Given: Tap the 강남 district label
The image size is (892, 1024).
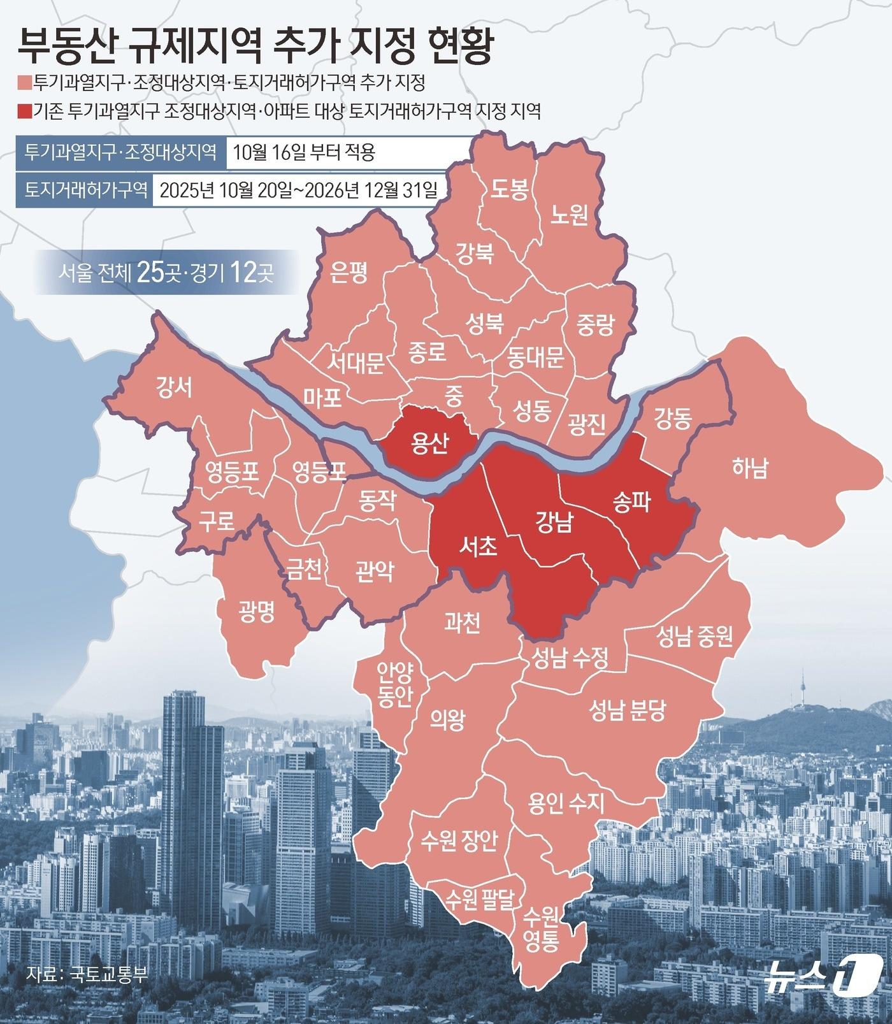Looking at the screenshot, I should [554, 522].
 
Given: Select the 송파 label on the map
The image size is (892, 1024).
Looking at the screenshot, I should [631, 502].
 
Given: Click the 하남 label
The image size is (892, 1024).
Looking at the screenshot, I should [750, 468].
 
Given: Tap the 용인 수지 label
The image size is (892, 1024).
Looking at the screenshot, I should [566, 802].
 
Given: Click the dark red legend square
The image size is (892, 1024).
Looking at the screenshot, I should [23, 113].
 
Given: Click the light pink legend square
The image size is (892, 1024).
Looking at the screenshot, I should [23, 83].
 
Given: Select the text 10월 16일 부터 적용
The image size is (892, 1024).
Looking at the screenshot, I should [304, 153].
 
